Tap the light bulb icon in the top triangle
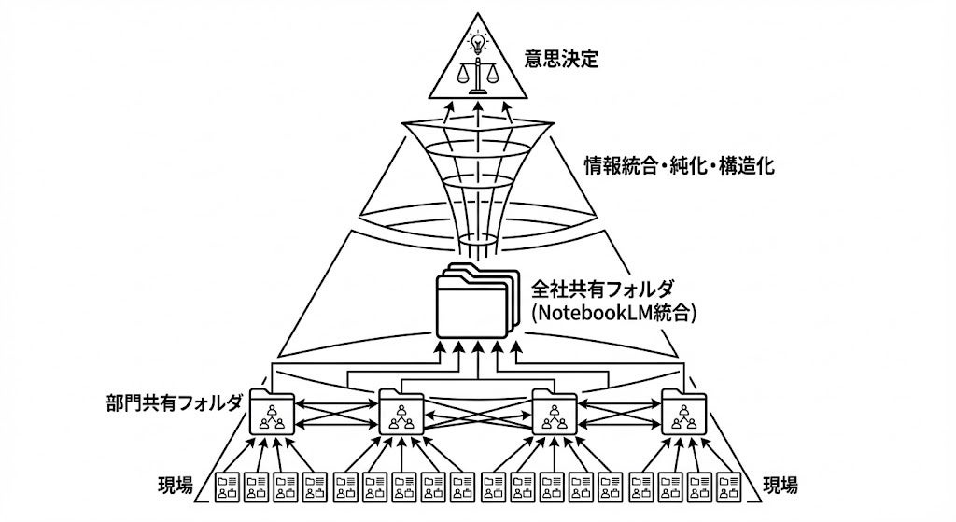pyautogui.click(x=478, y=41)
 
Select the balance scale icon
pyautogui.click(x=478, y=76)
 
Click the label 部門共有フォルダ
pyautogui.click(x=175, y=402)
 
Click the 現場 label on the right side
pyautogui.click(x=780, y=485)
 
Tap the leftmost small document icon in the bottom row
pyautogui.click(x=228, y=486)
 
